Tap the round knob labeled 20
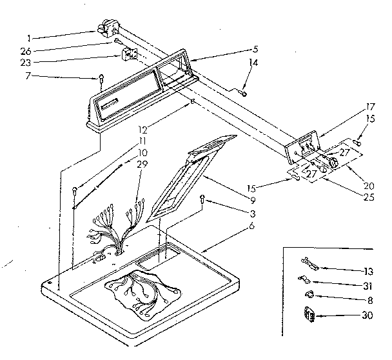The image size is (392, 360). [x=334, y=165]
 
